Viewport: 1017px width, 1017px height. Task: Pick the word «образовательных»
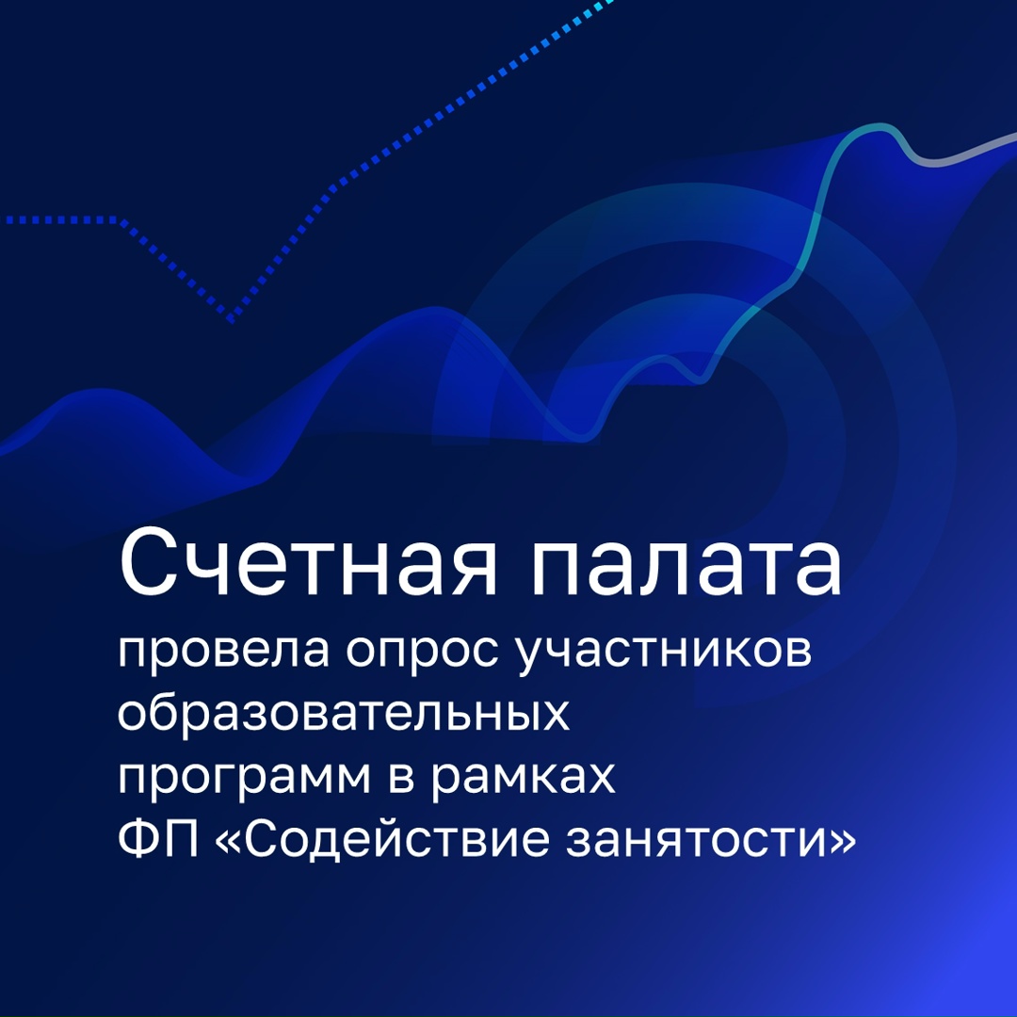tap(344, 716)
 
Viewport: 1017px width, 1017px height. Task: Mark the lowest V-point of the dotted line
tap(231, 321)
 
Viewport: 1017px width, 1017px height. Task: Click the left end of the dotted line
tap(8, 220)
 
